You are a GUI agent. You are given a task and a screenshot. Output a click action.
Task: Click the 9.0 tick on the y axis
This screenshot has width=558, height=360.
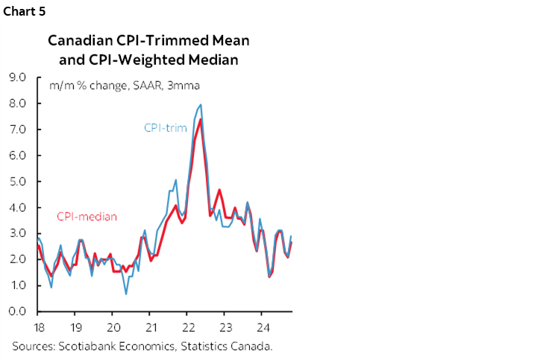[x=16, y=77]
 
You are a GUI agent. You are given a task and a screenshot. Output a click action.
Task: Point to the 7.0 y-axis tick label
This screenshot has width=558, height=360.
[x=16, y=129]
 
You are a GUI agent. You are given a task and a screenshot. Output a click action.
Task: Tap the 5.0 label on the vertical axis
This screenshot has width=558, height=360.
[x=16, y=181]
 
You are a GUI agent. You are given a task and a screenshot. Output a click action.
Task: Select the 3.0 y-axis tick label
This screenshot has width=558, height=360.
[x=16, y=233]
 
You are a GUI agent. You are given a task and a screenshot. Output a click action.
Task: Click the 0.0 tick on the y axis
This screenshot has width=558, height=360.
[x=16, y=312]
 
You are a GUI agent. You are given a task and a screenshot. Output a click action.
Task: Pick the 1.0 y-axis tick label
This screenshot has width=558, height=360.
[x=16, y=285]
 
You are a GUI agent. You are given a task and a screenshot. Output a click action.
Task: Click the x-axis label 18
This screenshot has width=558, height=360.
[x=37, y=327]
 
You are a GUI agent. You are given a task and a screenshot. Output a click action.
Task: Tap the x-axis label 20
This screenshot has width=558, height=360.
[x=113, y=327]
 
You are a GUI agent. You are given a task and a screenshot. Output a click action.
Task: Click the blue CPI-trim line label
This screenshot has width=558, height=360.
[x=166, y=127]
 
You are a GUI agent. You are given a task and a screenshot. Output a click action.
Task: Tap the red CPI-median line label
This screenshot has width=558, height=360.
[x=87, y=217]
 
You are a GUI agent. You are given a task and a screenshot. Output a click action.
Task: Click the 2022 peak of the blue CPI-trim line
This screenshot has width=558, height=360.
[x=201, y=105]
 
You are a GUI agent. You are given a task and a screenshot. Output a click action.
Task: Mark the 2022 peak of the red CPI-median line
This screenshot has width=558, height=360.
[x=200, y=120]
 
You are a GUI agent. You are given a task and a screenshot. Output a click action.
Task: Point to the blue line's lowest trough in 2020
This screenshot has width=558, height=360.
[x=125, y=294]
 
